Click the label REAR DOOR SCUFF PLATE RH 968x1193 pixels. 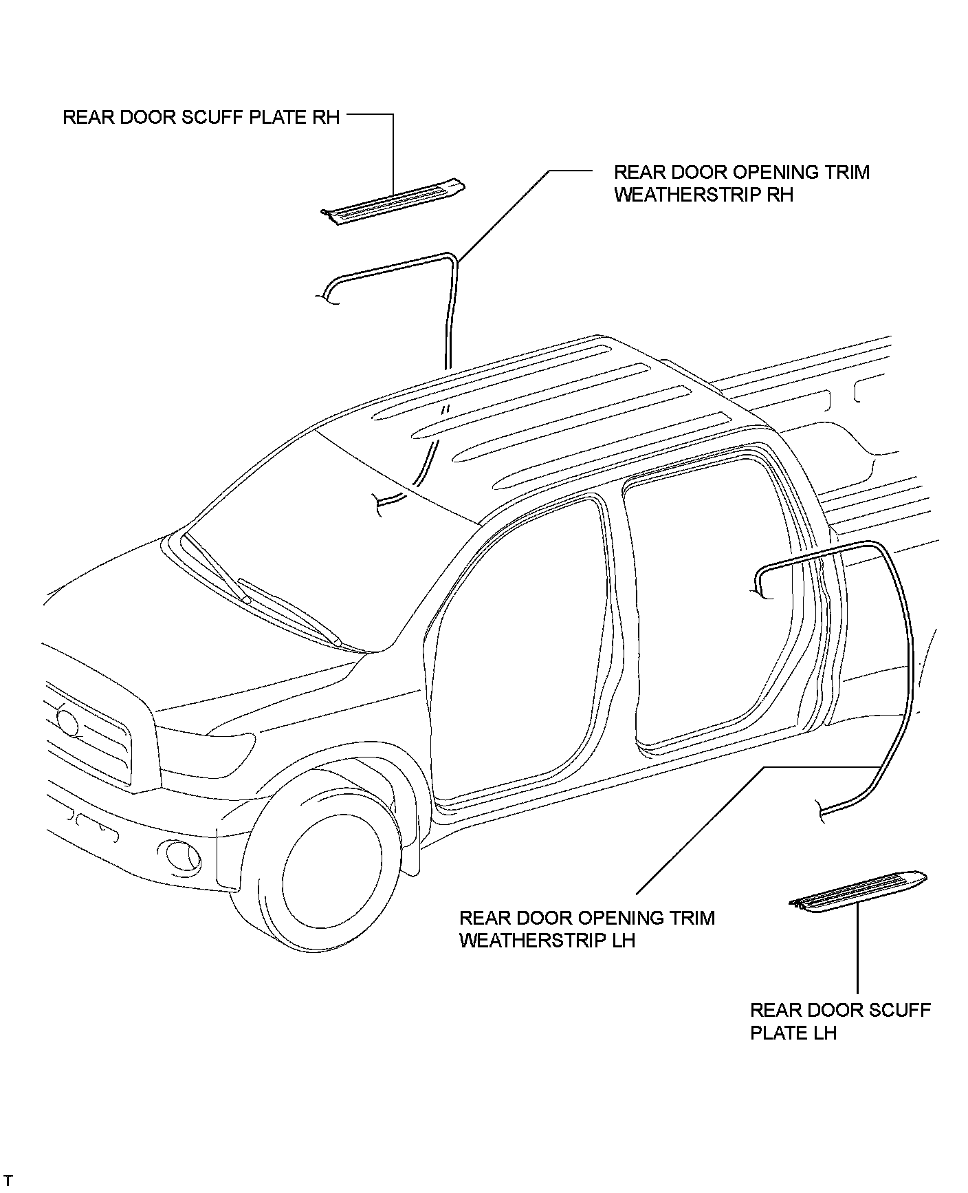point(201,117)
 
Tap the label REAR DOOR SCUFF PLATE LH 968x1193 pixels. point(839,1021)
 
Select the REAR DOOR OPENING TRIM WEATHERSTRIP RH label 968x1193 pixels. point(741,183)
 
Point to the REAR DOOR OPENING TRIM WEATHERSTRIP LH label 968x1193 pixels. point(586,929)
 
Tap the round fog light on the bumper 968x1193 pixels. point(183,855)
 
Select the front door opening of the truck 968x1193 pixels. point(516,654)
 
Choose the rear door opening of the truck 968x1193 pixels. point(708,605)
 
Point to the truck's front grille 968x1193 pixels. point(89,736)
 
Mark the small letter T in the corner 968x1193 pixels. point(8,1181)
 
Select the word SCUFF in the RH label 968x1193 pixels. point(212,117)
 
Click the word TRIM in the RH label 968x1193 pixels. point(844,172)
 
